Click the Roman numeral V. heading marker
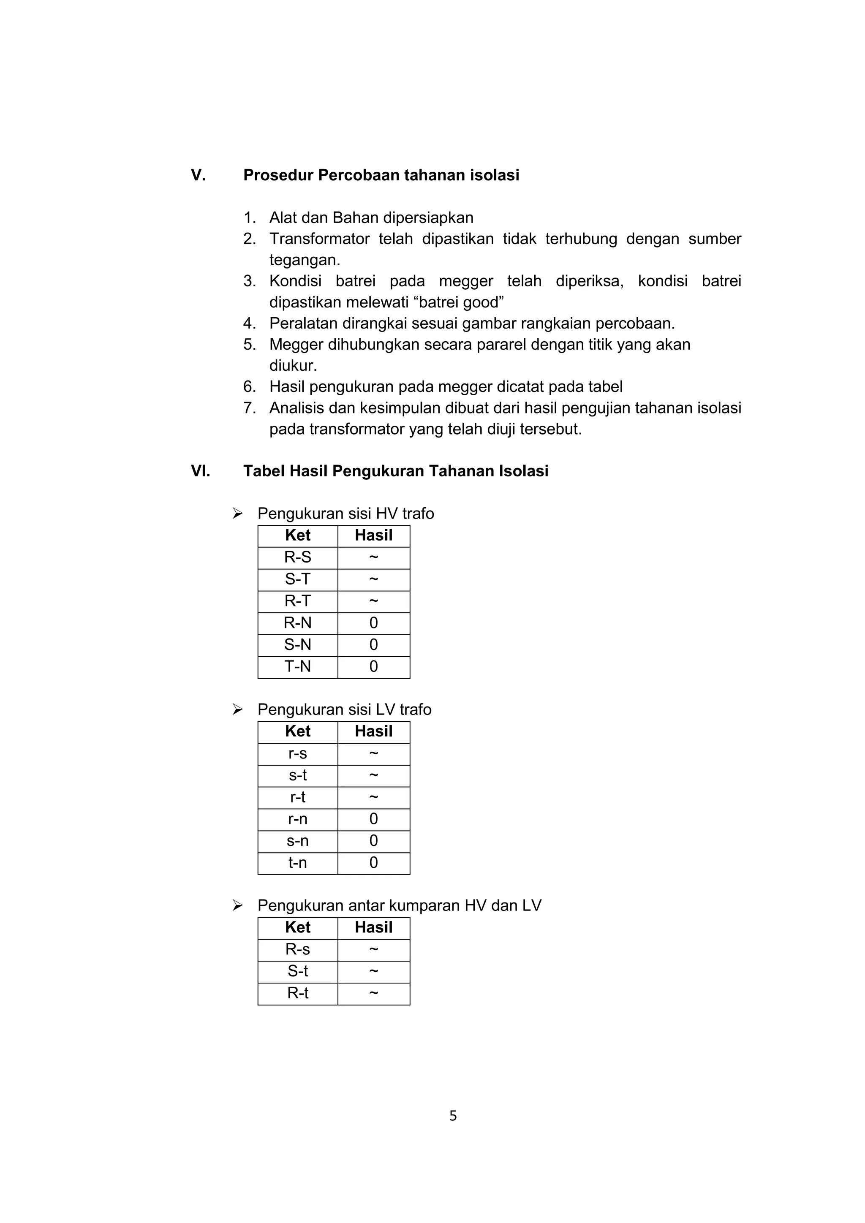[x=198, y=175]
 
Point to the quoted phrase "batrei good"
[x=459, y=302]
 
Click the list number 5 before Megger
[x=249, y=345]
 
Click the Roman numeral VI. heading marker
[x=200, y=471]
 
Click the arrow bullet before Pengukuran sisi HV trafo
[x=237, y=514]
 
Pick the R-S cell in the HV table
[x=298, y=557]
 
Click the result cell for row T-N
[x=373, y=667]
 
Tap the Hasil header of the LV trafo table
[x=373, y=731]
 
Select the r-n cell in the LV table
[x=298, y=819]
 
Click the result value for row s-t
[x=373, y=775]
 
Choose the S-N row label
[x=298, y=645]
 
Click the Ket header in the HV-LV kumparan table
[x=298, y=927]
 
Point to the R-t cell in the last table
[x=298, y=993]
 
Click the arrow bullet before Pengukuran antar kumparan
[x=237, y=905]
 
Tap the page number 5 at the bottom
[x=453, y=1116]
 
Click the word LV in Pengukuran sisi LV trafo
[x=386, y=709]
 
